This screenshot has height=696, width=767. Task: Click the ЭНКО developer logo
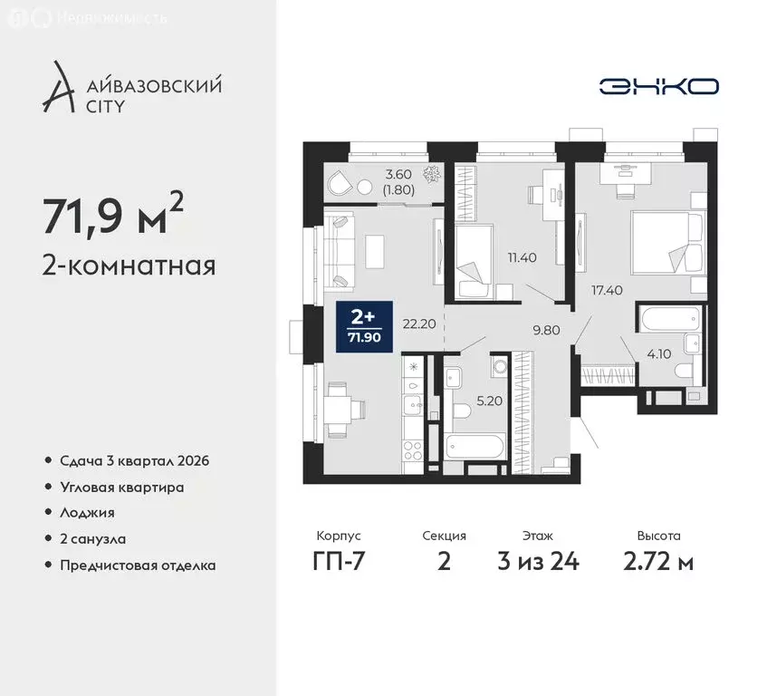tap(659, 86)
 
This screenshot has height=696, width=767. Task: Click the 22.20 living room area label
tap(422, 324)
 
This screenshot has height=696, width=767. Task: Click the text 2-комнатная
tap(128, 266)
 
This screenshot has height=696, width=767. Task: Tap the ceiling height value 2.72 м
tap(660, 561)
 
